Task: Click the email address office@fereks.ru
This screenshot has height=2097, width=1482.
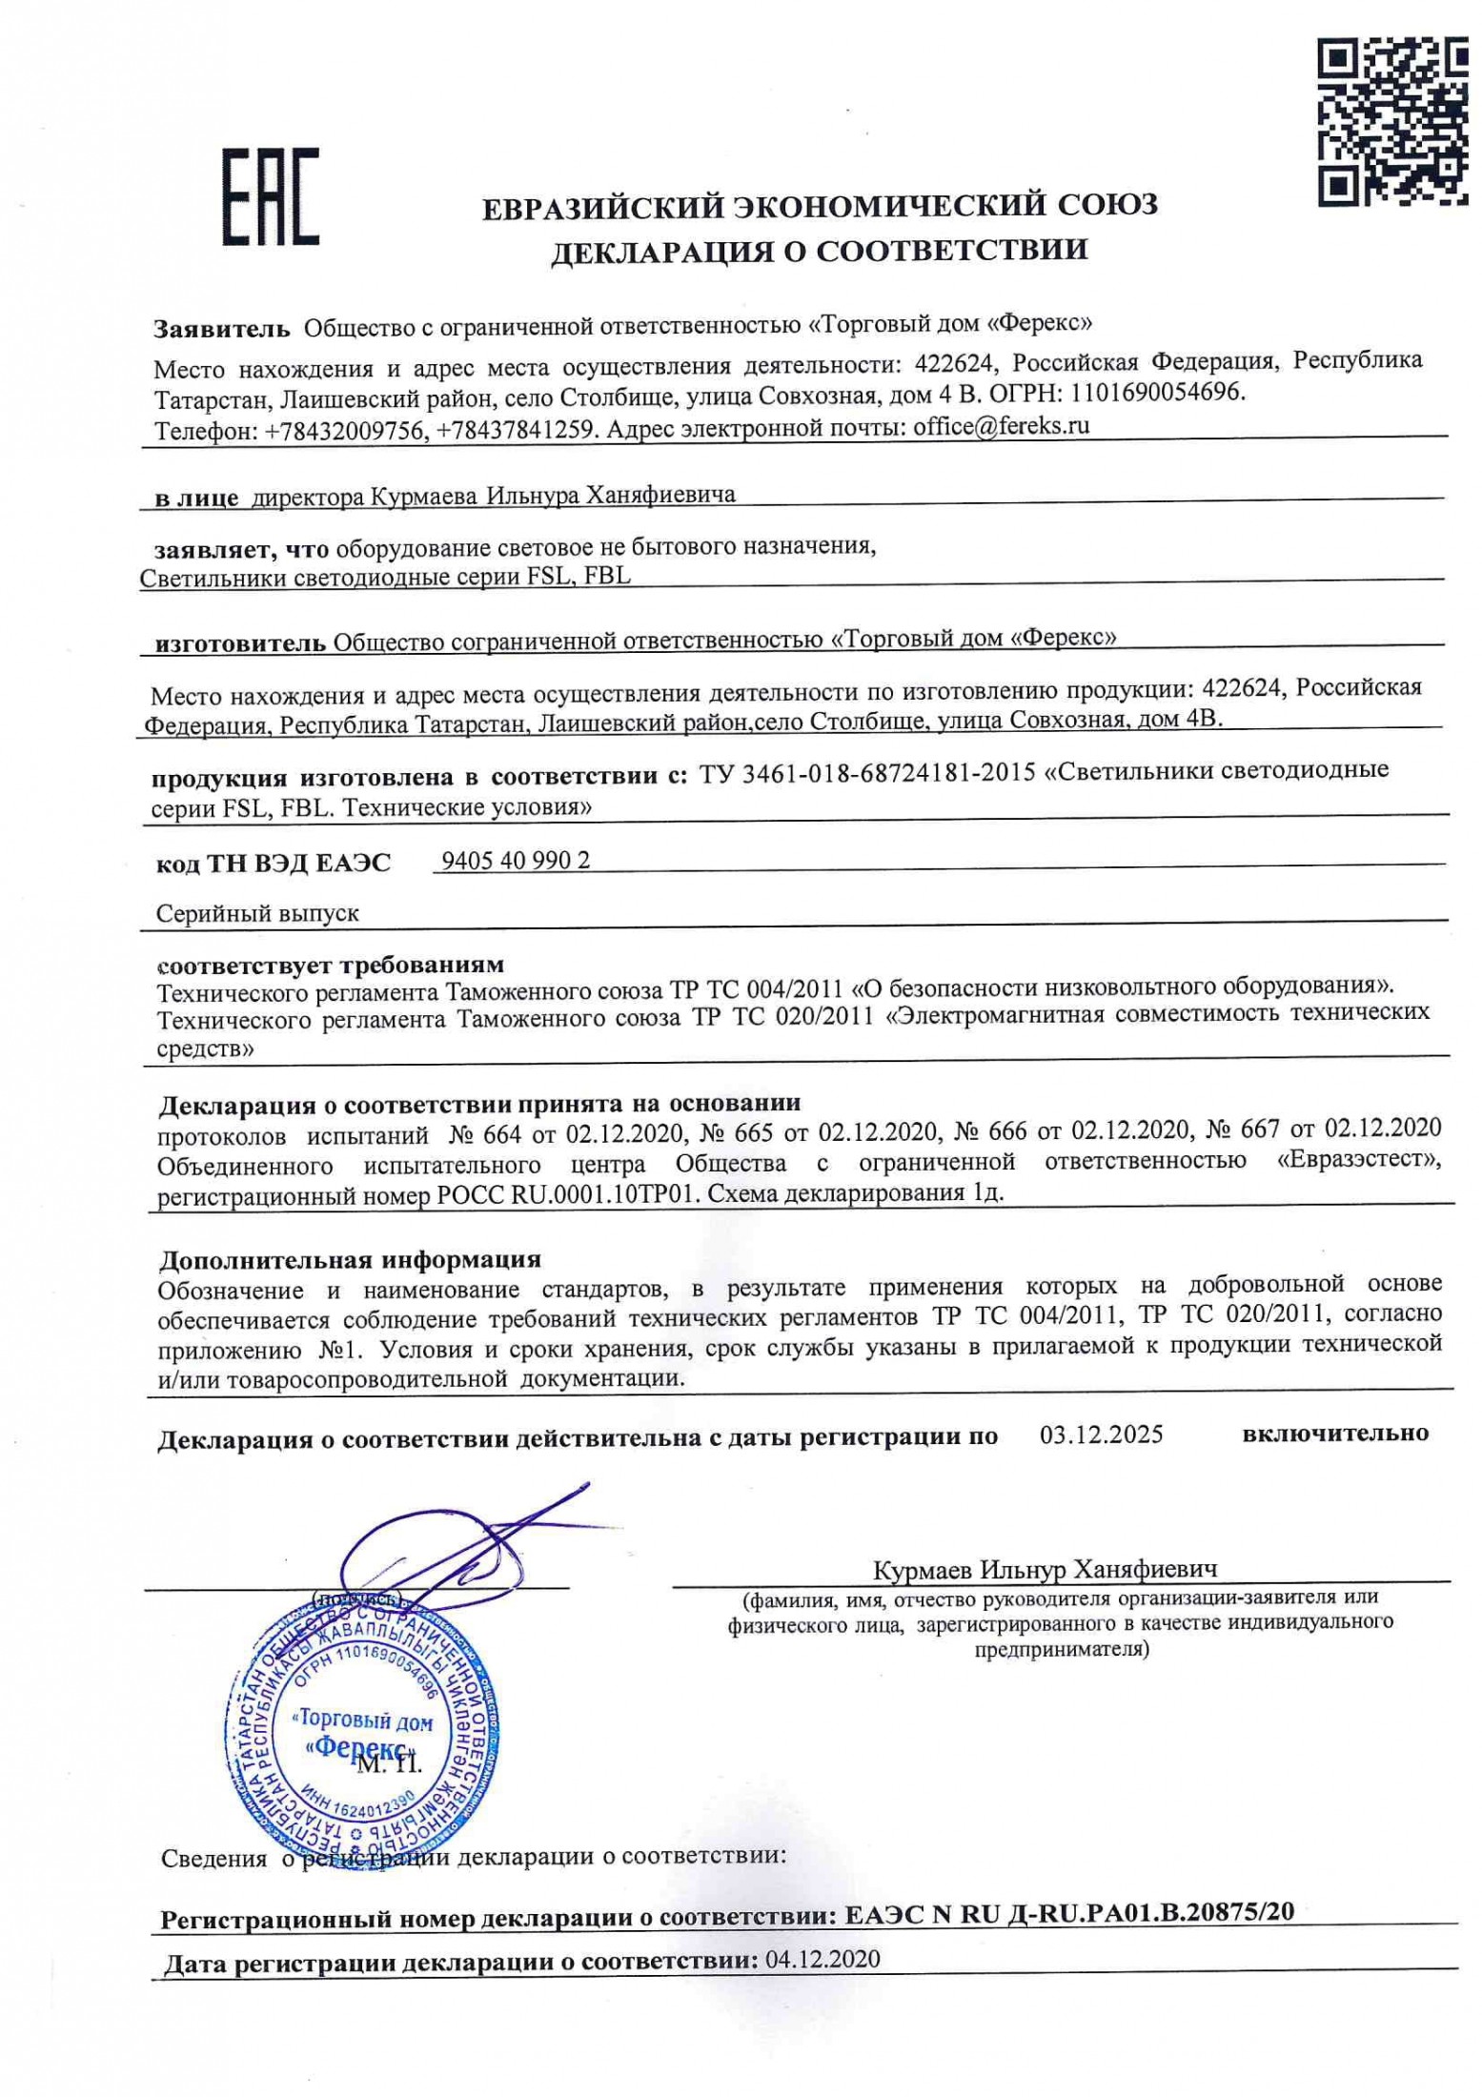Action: [1001, 426]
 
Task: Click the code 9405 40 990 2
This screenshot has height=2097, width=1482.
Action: [516, 861]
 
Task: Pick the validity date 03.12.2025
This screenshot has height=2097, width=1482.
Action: [1101, 1434]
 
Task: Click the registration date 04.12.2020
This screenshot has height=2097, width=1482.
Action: [822, 1959]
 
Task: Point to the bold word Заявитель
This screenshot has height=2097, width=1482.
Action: [221, 329]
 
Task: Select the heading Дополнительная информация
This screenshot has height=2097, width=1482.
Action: [350, 1259]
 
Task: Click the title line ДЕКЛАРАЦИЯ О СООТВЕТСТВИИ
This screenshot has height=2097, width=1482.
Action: [820, 250]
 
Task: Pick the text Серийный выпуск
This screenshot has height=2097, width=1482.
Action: [257, 912]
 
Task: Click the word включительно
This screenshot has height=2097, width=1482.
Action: [1334, 1433]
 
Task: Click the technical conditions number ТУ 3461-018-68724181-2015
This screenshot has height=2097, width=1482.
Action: [867, 773]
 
